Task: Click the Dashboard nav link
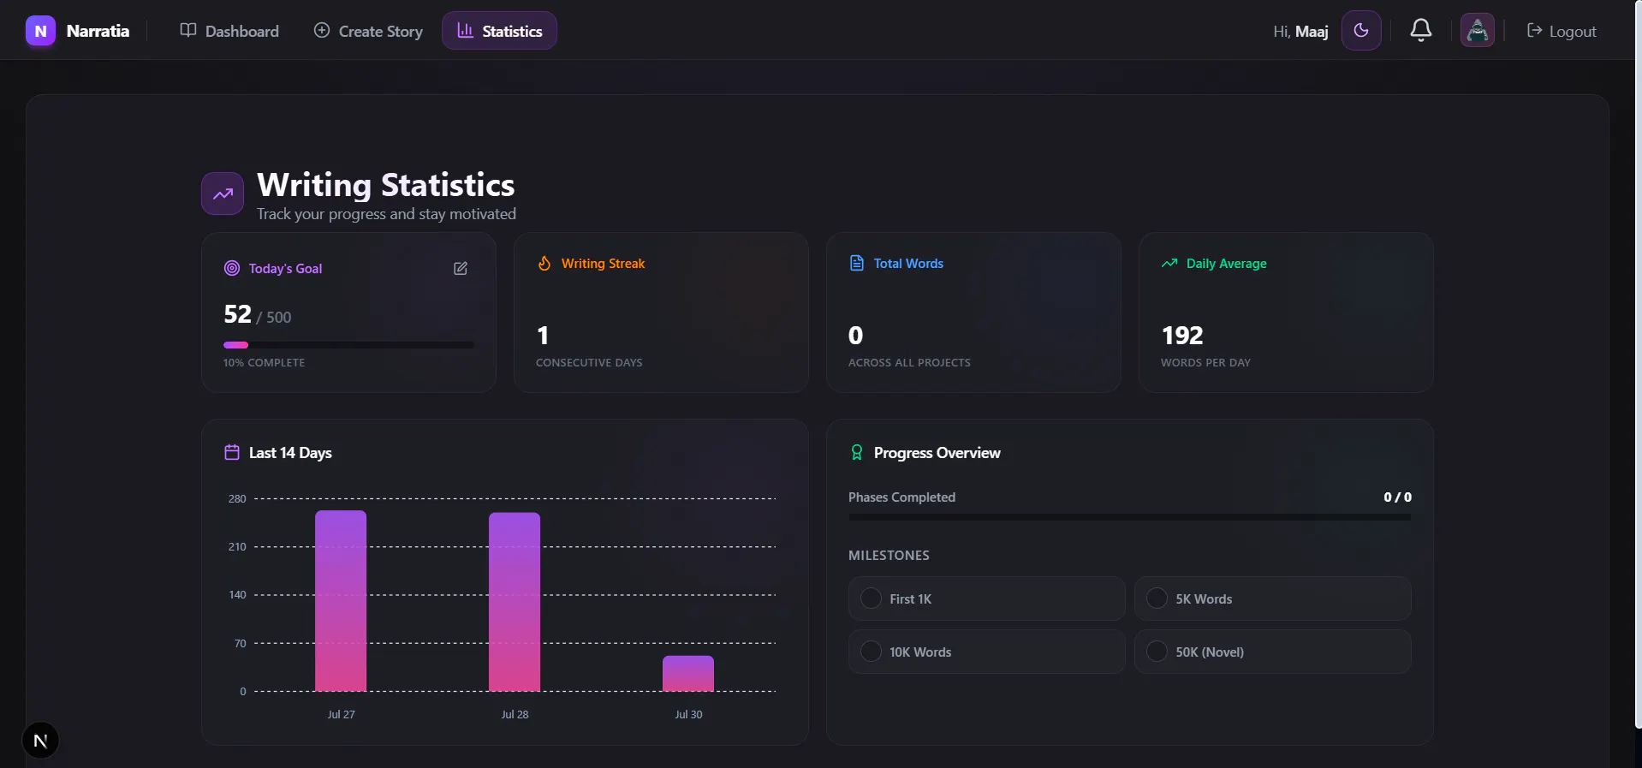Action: coord(229,31)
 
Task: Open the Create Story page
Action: coord(368,31)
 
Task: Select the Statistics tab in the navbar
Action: coord(499,31)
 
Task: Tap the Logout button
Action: coord(1562,31)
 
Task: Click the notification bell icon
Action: coord(1421,30)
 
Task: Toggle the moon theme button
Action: coord(1361,31)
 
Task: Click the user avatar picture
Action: coord(1477,31)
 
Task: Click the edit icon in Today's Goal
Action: coord(461,269)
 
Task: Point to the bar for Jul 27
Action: coord(341,601)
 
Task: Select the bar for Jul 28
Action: coord(515,602)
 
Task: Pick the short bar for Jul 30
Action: coord(688,674)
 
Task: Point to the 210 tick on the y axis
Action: coord(237,547)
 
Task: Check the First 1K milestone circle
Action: coord(871,598)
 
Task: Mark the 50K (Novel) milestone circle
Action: coord(1157,652)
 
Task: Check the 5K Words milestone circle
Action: coord(1157,598)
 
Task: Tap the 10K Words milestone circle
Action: coord(871,652)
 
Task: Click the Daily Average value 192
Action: coord(1182,336)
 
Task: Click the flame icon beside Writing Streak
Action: coord(544,263)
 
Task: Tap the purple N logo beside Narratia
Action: coord(40,31)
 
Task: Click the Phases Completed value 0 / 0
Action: coord(1397,497)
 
